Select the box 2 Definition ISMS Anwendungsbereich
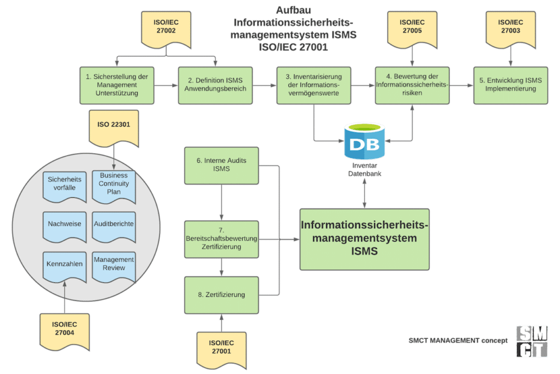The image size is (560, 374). point(215,85)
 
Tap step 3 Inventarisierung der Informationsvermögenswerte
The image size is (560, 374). point(313,85)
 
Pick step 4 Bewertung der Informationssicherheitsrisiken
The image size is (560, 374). point(412,85)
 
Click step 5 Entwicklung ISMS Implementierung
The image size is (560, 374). point(511,85)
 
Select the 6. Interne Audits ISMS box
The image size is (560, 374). point(222,165)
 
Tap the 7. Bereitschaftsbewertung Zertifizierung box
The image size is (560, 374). point(222,239)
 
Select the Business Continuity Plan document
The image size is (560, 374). point(114,184)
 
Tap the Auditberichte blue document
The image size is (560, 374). point(114,224)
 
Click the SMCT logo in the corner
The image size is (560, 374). point(532,342)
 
